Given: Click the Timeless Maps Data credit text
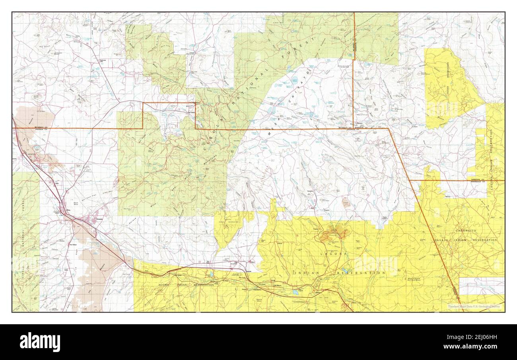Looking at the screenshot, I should (474, 307).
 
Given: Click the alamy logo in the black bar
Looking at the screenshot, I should (40, 342).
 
